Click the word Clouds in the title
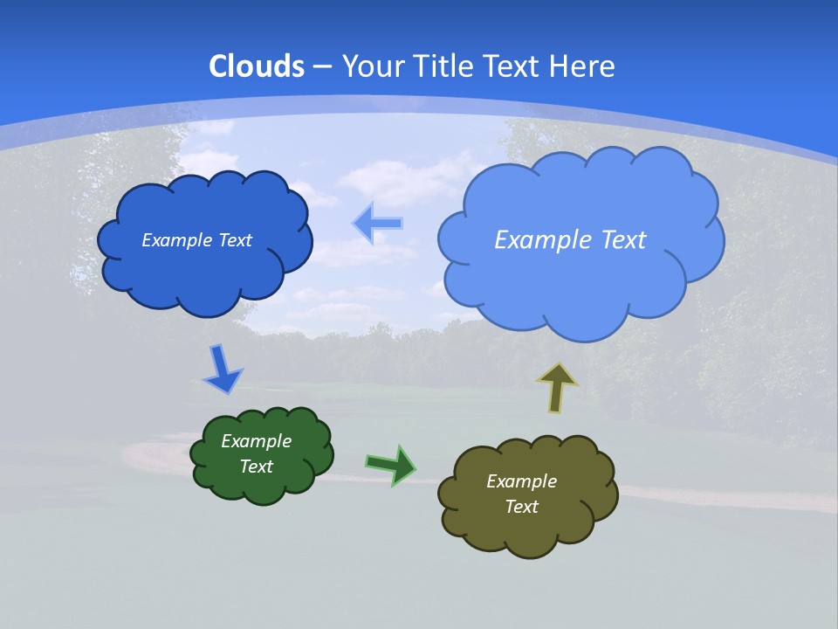257,66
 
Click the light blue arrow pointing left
377,224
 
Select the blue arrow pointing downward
222,370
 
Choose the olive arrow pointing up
556,387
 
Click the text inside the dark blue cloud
196,240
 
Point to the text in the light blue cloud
570,239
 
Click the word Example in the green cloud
256,441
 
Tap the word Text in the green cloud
256,467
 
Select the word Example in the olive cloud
521,481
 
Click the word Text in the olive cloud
521,507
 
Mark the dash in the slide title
323,66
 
